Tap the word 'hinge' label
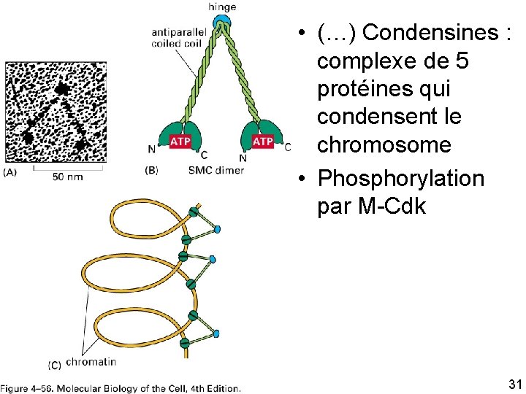pos(221,7)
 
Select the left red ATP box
pos(180,141)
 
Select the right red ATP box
pos(262,141)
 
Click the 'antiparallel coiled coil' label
pos(175,37)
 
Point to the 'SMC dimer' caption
pos(216,170)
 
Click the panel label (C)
pos(54,363)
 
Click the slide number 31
pos(514,384)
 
